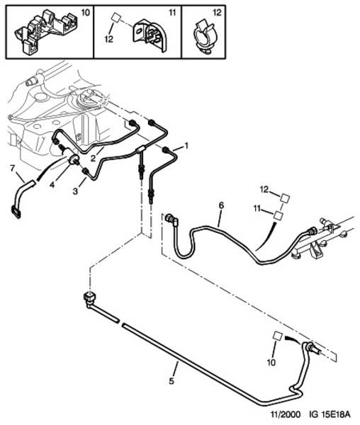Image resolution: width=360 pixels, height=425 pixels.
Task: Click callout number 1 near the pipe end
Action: click(x=186, y=146)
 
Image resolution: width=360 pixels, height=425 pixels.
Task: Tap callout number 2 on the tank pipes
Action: click(x=93, y=158)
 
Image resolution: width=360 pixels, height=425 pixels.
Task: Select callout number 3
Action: click(x=75, y=191)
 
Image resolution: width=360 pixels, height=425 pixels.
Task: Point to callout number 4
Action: click(x=52, y=185)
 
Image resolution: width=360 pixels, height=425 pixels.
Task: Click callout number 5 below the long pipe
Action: click(x=171, y=381)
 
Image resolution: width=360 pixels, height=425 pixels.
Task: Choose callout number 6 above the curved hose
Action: click(x=222, y=205)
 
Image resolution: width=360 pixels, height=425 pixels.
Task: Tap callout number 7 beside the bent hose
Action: click(x=12, y=169)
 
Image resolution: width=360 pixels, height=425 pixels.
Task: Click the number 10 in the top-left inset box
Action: click(x=85, y=13)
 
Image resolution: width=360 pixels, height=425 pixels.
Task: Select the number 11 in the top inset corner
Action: click(x=172, y=13)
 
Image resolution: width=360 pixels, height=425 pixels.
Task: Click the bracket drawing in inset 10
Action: click(x=45, y=30)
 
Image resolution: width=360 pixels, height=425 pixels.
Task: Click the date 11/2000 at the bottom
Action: click(x=286, y=414)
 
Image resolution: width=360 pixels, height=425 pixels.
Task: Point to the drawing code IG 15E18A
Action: click(x=330, y=414)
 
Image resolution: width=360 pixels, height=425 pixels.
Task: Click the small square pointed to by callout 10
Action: click(x=278, y=336)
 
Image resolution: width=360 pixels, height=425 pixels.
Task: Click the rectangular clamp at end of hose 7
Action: click(x=16, y=212)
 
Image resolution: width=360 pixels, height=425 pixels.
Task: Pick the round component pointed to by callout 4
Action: click(x=74, y=159)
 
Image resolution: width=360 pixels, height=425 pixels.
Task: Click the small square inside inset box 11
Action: click(x=116, y=18)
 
